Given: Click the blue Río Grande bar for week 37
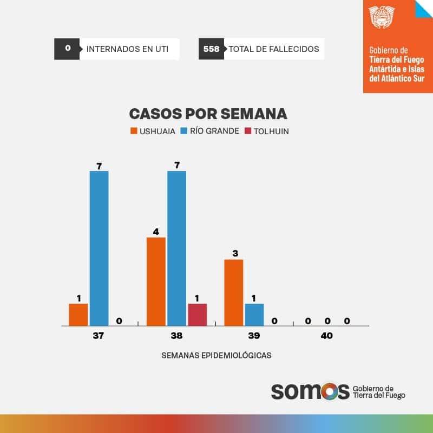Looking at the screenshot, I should click(x=99, y=248).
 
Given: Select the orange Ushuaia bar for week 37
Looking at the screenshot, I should click(x=78, y=314).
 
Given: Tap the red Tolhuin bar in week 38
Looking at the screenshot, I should click(x=198, y=314).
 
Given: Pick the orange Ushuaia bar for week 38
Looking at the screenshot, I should click(x=156, y=281).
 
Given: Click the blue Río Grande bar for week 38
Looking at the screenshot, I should click(x=176, y=248).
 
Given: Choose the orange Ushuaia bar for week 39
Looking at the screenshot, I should click(x=234, y=292).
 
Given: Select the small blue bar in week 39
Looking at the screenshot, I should click(x=254, y=314).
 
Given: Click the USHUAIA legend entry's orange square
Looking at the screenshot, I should click(x=134, y=131).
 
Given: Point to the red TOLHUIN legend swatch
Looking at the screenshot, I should click(x=248, y=131).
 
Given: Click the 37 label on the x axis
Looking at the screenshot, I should click(x=98, y=336).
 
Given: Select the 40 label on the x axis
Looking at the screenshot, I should click(x=326, y=336).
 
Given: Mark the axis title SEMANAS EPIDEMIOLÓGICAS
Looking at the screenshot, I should click(x=216, y=356).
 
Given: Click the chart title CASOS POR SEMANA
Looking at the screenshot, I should click(x=208, y=114).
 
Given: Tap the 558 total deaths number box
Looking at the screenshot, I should click(x=211, y=49).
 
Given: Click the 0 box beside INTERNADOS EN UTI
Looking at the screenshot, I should click(x=68, y=49).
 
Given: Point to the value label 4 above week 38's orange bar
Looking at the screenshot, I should click(x=156, y=232).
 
